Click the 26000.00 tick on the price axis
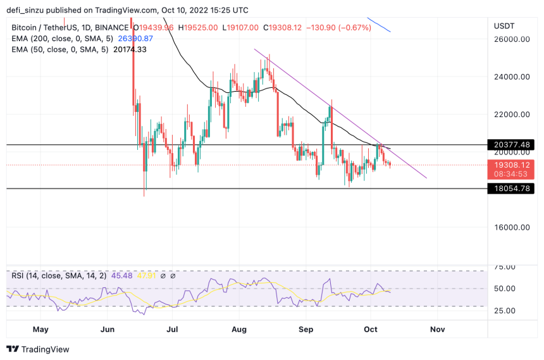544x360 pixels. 512,39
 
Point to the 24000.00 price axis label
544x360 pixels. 512,77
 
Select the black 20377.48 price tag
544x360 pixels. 511,145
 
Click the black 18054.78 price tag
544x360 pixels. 511,189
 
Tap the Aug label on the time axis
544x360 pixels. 239,330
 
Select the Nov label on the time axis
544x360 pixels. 436,330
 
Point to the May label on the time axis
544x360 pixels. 40,330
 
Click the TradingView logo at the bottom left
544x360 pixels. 38,349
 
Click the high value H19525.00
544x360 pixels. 198,28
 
